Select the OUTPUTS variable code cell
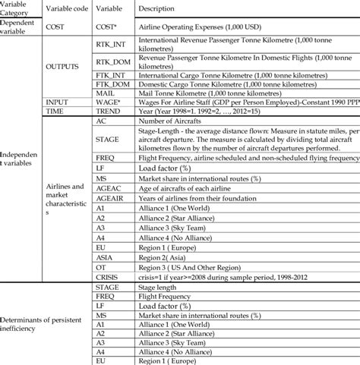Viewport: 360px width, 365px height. coord(66,67)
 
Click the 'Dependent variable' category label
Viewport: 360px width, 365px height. coord(21,27)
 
